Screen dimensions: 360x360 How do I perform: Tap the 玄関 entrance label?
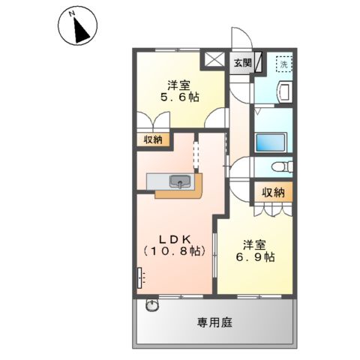coord(241,63)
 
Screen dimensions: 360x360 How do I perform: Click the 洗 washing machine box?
coord(283,64)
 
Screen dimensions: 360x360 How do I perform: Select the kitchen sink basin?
coord(179,181)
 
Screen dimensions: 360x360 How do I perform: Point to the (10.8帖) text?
coord(175,253)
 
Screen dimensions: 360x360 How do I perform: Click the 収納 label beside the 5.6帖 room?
coord(153,139)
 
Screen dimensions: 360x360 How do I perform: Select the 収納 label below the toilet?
coord(273,193)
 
